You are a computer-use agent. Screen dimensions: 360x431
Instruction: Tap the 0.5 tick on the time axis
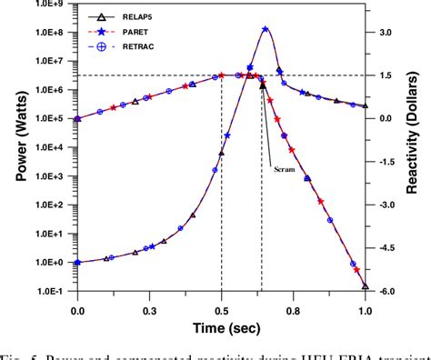[x=221, y=309]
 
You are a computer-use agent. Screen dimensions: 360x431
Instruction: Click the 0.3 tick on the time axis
[x=149, y=309]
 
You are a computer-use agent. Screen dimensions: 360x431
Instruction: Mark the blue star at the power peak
[x=265, y=29]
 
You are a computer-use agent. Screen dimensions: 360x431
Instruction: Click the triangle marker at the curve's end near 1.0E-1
[x=365, y=286]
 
